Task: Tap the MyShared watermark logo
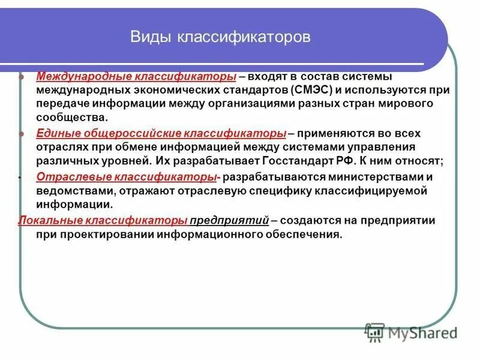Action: pyautogui.click(x=411, y=332)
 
